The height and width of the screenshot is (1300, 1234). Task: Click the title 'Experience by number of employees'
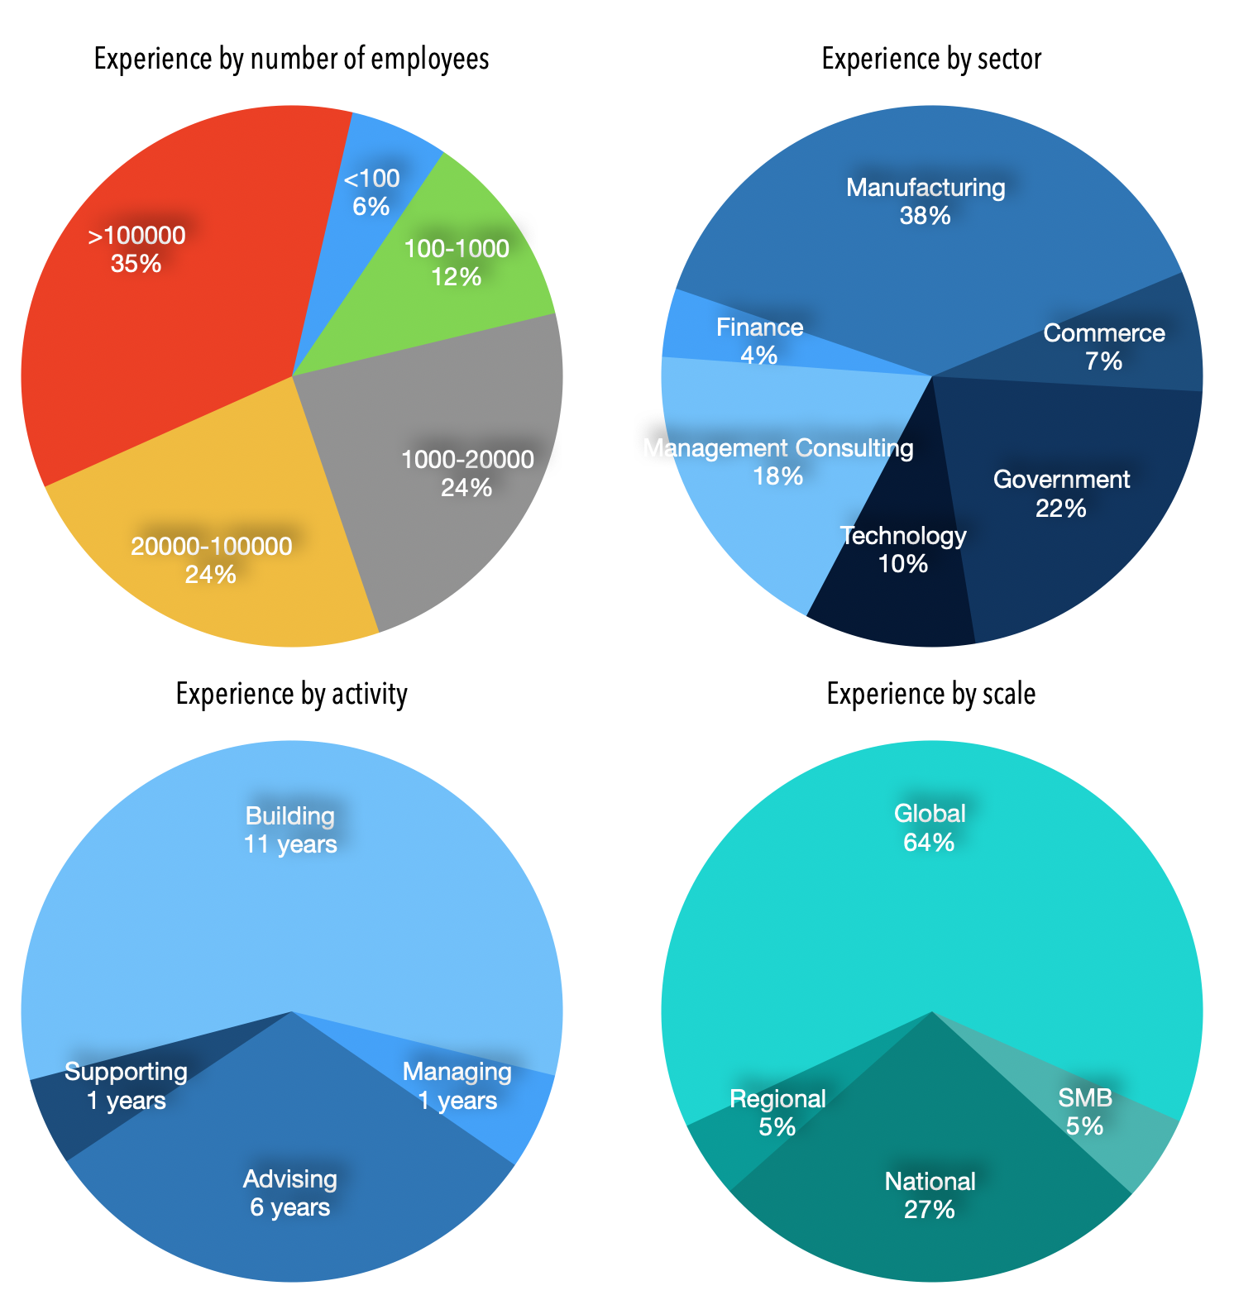point(291,60)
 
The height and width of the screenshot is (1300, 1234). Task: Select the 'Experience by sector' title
point(931,60)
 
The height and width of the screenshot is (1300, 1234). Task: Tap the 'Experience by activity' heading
point(291,694)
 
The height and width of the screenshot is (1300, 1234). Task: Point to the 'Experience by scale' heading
point(931,694)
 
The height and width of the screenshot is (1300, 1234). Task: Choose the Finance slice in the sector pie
point(757,339)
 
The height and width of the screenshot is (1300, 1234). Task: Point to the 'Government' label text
point(1061,480)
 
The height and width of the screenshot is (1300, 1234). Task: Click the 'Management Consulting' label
point(778,448)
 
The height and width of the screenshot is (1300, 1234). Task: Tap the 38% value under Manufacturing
point(925,216)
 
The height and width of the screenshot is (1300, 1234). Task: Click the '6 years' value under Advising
point(289,1207)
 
